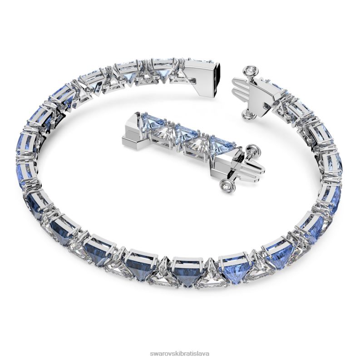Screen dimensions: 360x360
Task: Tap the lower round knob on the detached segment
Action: [x=225, y=188]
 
